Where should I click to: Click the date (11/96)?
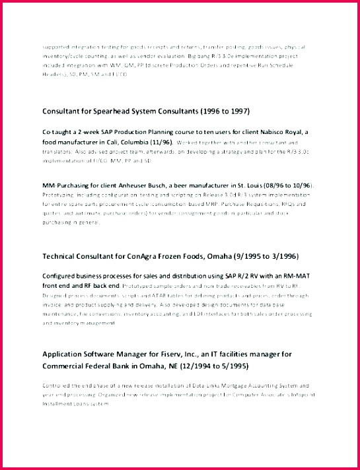pos(162,142)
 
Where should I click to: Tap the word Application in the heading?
pos(66,354)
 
